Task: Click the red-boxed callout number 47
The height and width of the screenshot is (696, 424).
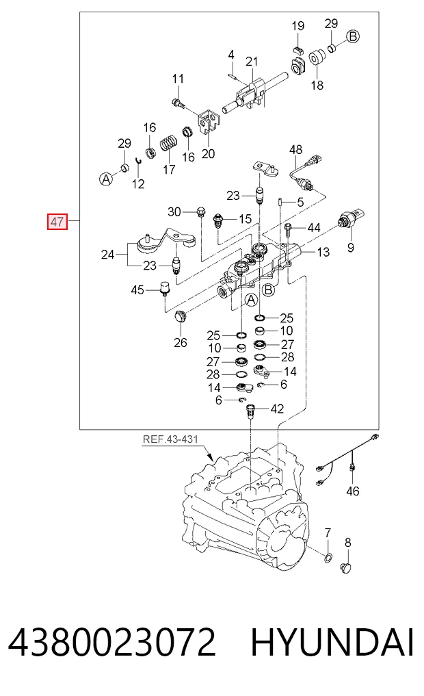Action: tap(57, 221)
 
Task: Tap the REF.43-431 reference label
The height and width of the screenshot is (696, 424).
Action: tap(170, 439)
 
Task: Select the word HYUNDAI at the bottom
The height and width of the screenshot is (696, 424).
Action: tap(332, 643)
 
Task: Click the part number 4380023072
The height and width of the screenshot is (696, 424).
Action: tap(112, 643)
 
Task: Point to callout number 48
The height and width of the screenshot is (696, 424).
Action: tap(296, 150)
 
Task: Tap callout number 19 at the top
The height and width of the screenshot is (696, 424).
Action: tap(298, 26)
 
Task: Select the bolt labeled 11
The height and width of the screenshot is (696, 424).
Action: tap(178, 103)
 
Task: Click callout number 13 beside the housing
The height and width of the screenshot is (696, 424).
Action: tap(323, 252)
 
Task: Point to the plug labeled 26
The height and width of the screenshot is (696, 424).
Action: tap(181, 316)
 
